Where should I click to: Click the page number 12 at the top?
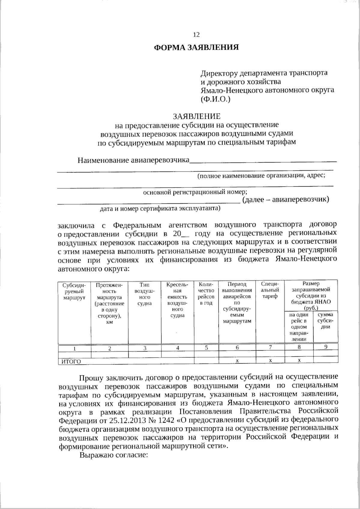point(196,35)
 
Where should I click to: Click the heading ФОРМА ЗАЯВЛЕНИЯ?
point(196,47)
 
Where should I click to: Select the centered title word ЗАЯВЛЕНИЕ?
point(196,116)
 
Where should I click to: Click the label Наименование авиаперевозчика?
point(133,160)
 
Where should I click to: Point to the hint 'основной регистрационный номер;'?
point(195,192)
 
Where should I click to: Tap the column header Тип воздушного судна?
point(145,294)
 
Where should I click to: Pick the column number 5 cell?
point(206,348)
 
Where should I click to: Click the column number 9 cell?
point(325,347)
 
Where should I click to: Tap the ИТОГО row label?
point(71,362)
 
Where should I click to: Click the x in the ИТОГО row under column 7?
point(270,361)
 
